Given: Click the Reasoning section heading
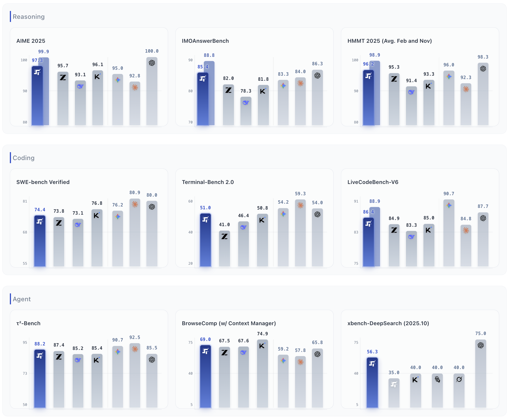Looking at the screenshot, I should coord(28,17).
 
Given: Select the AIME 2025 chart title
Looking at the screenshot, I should coord(31,41).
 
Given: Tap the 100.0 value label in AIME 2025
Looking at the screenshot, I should coord(152,51).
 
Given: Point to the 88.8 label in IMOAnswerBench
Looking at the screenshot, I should coord(209,55).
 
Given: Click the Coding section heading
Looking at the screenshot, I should coord(23,158).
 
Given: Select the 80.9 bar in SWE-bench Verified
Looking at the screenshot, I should coord(135,233).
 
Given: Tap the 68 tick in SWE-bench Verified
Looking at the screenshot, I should coord(25,232).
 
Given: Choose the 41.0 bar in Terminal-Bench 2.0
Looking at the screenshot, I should coord(224,249).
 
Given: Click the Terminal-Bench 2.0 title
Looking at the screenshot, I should coord(208,182).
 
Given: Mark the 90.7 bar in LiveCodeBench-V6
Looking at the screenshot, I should coord(449,233).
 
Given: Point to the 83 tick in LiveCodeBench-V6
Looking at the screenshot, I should coord(356,232).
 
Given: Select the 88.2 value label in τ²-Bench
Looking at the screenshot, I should coord(40,344).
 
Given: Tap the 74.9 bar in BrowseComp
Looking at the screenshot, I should coord(262,374).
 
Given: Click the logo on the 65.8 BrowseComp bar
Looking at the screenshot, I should coord(317,354).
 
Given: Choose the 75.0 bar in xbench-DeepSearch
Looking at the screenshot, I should coord(481,374).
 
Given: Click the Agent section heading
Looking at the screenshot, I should coord(22,299).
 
